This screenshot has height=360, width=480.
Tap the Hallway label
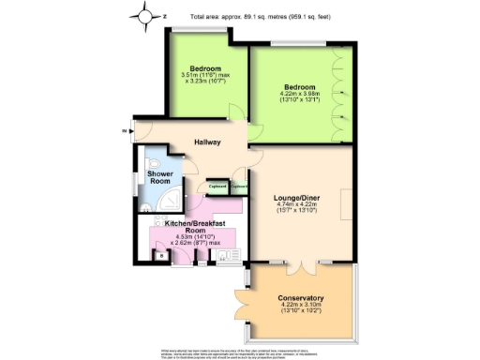[207, 142]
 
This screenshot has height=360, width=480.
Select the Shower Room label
[152, 177]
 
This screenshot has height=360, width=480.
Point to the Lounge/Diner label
[300, 199]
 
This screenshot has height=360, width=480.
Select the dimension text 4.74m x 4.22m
[300, 211]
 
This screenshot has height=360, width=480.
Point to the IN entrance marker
[124, 131]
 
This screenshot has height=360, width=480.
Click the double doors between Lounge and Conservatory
[300, 263]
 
